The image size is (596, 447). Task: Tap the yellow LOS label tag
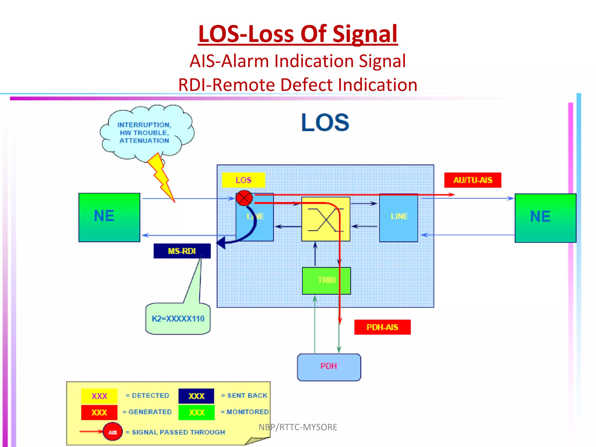[243, 180]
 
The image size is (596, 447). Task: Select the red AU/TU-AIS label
[472, 180]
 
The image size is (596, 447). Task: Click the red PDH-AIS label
[382, 327]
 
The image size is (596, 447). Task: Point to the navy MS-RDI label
[182, 251]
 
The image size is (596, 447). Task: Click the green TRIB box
[326, 281]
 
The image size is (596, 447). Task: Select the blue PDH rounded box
[329, 367]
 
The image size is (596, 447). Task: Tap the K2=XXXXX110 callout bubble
[178, 319]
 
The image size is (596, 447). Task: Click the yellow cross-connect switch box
[325, 219]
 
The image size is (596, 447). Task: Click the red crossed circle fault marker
[244, 198]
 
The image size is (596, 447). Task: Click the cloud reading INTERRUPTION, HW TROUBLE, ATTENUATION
[145, 133]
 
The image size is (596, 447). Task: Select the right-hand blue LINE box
[398, 218]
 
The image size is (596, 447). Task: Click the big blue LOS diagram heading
[325, 123]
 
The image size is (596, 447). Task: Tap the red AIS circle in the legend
[113, 432]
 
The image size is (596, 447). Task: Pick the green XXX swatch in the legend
[196, 412]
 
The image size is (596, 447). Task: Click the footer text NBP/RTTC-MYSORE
[298, 427]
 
